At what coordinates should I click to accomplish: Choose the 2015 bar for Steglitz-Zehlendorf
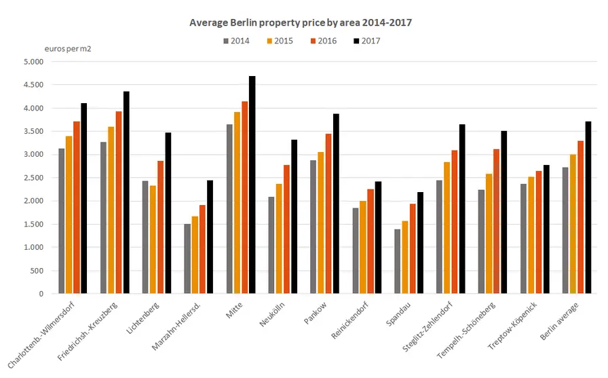tap(446, 227)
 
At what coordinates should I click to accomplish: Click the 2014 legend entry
tap(236, 41)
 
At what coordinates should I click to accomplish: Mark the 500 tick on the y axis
tap(36, 271)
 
